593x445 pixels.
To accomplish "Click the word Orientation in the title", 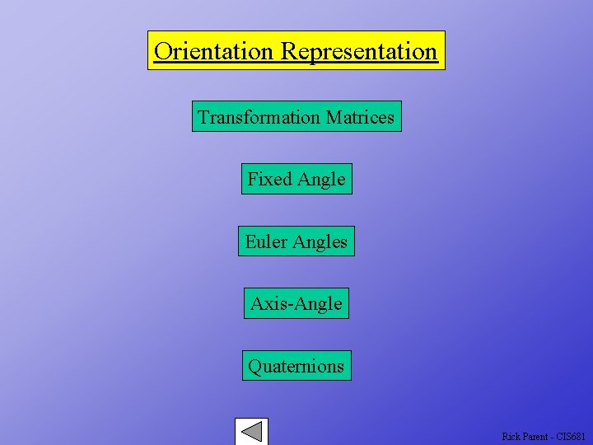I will click(x=213, y=51).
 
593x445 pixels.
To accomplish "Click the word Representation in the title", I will click(x=359, y=51).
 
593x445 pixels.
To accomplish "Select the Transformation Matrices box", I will click(x=296, y=117).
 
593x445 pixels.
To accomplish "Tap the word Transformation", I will click(x=259, y=117).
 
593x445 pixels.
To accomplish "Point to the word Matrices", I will click(x=360, y=117).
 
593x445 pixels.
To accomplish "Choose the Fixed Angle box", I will click(x=296, y=179).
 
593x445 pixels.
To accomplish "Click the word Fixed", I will click(x=269, y=179).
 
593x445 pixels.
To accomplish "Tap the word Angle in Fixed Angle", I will click(x=321, y=180).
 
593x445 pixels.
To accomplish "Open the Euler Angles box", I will click(x=296, y=241).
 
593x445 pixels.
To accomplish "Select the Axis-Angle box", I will click(x=296, y=303).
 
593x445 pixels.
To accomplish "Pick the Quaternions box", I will click(x=296, y=366).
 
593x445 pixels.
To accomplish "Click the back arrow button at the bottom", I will click(x=251, y=432).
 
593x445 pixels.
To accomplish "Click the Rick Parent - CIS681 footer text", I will click(x=544, y=436).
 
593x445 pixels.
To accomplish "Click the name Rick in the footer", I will click(x=511, y=436).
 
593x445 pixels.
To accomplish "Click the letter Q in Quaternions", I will click(x=254, y=366).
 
